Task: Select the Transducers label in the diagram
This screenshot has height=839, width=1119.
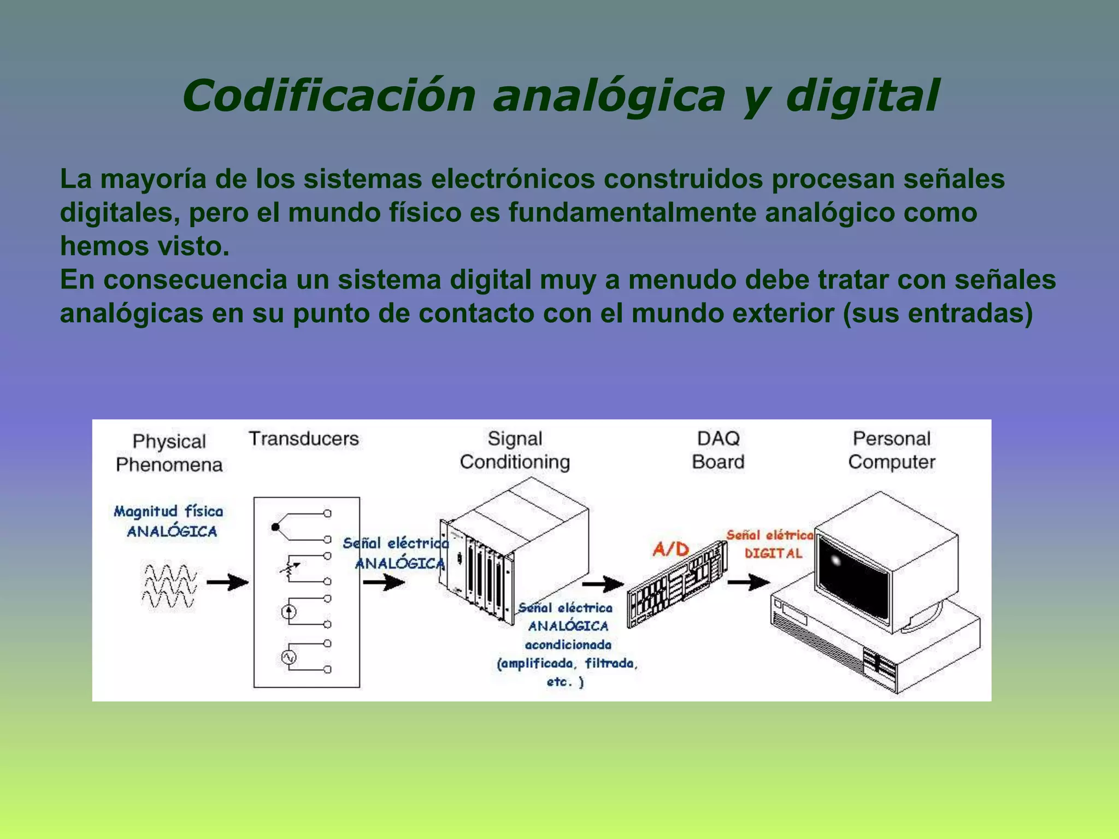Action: click(304, 439)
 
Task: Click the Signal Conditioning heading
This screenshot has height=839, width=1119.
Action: click(515, 450)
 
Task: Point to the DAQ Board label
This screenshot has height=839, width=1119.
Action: click(718, 450)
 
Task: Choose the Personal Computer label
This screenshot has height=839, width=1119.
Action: click(892, 450)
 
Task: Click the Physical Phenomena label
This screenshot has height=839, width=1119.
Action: click(169, 453)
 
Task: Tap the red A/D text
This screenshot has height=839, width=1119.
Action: click(671, 548)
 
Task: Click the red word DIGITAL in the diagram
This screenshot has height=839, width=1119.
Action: click(773, 553)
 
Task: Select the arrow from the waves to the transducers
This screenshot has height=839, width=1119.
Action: click(227, 582)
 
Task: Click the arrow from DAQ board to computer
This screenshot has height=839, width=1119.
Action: click(748, 582)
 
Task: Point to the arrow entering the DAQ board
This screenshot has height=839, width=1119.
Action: click(602, 584)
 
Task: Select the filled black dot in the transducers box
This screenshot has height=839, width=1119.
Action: click(275, 527)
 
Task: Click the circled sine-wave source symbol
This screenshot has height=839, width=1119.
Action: click(288, 657)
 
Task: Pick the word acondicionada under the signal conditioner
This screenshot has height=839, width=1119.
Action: click(568, 645)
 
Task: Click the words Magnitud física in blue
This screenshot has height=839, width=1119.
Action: click(169, 511)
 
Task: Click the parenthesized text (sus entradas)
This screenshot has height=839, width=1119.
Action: click(938, 314)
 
